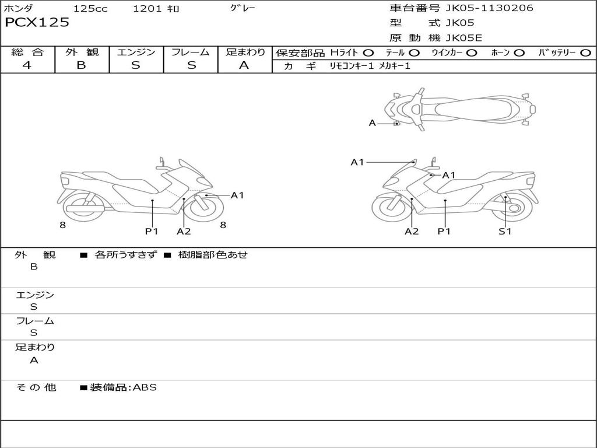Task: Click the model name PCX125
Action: click(37, 23)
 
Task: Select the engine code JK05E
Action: click(464, 38)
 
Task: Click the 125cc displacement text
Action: click(90, 9)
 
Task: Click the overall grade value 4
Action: click(27, 65)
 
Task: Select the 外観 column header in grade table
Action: click(82, 52)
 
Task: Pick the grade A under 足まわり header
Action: click(244, 65)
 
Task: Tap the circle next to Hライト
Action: click(368, 53)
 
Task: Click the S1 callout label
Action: click(504, 232)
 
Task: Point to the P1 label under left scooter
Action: click(152, 232)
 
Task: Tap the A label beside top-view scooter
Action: click(372, 123)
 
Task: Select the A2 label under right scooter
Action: click(412, 232)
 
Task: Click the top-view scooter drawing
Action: click(459, 109)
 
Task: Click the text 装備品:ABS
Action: click(123, 387)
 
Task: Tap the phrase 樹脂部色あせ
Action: click(213, 255)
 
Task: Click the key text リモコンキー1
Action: click(352, 66)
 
